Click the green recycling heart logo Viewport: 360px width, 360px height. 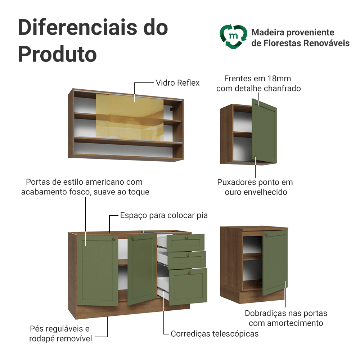(x=233, y=37)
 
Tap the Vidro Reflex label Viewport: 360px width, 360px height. (x=177, y=83)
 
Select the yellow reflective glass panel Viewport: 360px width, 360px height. (x=130, y=119)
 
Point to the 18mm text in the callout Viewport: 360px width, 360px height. (x=279, y=78)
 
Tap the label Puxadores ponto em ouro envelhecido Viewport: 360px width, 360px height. (x=255, y=187)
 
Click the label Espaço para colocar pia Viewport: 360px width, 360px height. (x=164, y=215)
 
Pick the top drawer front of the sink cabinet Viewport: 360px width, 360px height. (x=186, y=242)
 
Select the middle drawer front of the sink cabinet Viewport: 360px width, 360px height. (x=187, y=260)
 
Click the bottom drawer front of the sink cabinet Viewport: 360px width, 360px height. (x=188, y=286)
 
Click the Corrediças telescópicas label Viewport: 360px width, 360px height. (x=215, y=334)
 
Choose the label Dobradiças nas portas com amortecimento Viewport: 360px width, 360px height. (x=286, y=318)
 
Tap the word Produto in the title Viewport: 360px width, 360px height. (x=58, y=54)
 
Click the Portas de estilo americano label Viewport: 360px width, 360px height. (x=85, y=187)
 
